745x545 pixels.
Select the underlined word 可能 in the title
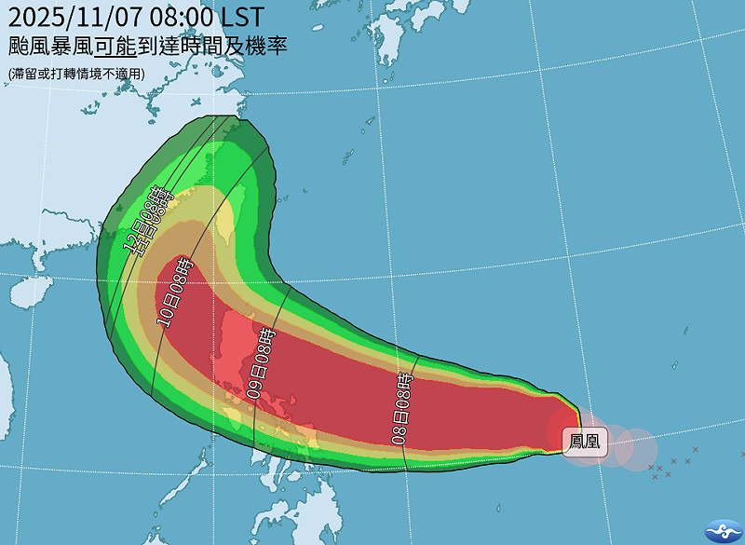[x=113, y=46]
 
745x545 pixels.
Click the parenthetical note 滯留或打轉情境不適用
[x=76, y=73]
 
